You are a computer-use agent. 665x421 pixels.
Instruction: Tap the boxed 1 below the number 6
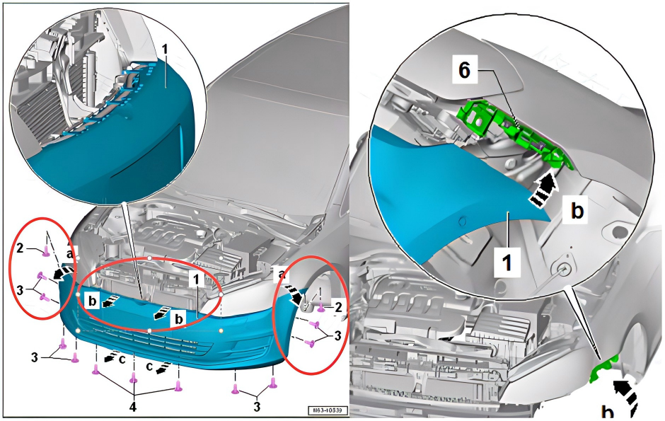click(508, 264)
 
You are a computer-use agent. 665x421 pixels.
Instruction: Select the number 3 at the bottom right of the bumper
click(257, 407)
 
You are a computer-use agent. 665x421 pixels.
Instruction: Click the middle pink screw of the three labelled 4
click(134, 381)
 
